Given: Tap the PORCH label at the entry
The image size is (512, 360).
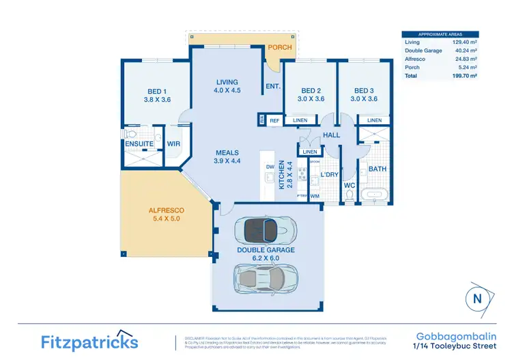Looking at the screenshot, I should click(279, 47).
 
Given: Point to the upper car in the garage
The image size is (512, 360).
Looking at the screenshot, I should click(266, 229).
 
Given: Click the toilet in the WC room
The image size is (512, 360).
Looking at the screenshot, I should click(350, 197).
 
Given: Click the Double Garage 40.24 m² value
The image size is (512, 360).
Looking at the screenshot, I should click(464, 51).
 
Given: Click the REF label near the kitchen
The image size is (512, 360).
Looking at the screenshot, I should click(274, 120).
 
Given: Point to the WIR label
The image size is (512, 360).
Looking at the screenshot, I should click(173, 144).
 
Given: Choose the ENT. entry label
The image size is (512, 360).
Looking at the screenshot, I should click(273, 86).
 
